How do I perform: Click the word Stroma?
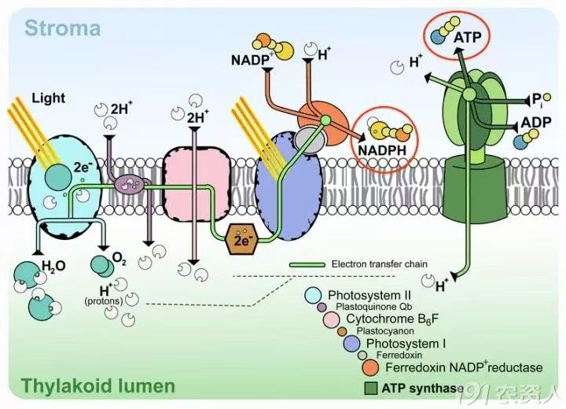click(62, 28)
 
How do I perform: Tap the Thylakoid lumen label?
click(97, 385)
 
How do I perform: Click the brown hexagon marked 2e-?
click(241, 239)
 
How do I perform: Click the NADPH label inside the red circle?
click(382, 150)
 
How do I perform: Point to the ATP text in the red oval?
click(467, 37)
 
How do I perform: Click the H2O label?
click(53, 267)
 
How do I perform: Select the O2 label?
click(119, 258)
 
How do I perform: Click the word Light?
click(49, 98)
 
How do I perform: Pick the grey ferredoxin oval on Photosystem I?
click(308, 140)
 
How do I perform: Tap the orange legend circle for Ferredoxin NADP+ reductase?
click(371, 367)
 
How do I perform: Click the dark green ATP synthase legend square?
click(371, 389)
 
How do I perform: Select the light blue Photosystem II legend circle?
click(313, 295)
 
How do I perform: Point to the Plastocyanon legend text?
click(385, 330)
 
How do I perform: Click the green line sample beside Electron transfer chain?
click(307, 265)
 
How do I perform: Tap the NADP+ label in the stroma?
click(252, 60)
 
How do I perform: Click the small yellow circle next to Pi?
click(547, 97)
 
